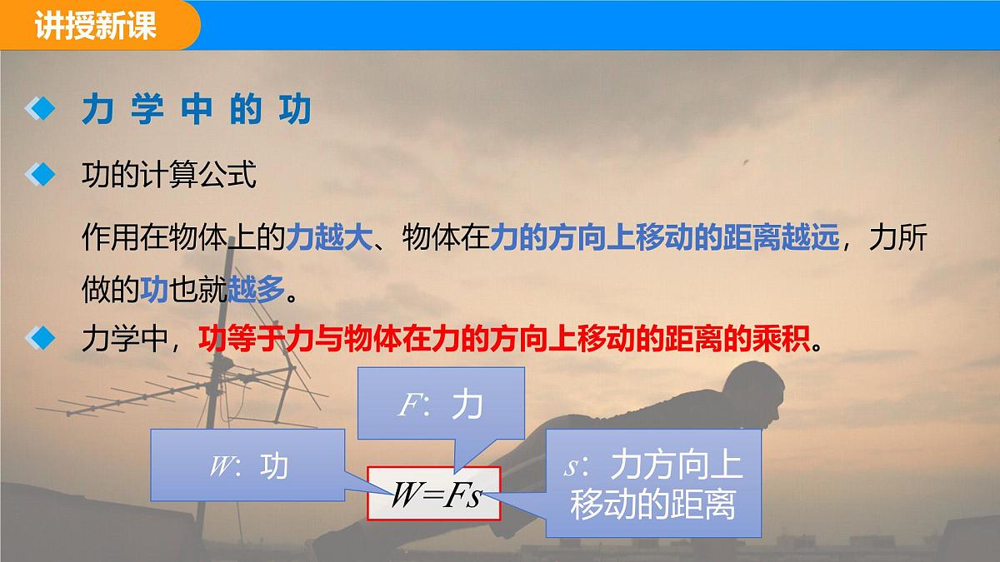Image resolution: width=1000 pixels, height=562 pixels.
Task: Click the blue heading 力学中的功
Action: [x=196, y=110]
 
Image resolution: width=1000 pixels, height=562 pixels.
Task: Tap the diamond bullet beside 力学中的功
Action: [x=39, y=109]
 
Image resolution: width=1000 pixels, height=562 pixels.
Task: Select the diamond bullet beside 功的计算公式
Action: [x=39, y=176]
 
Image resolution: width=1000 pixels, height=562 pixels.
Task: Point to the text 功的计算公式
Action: [x=168, y=176]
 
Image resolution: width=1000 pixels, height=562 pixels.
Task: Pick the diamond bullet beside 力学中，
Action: [x=39, y=339]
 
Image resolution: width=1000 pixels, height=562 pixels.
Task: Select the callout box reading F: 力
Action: [x=441, y=405]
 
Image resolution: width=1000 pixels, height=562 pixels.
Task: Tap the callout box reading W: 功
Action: [x=247, y=465]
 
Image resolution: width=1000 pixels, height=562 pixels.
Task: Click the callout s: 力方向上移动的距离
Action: [x=653, y=484]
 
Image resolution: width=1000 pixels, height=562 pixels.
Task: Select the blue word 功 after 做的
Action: [x=154, y=289]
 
